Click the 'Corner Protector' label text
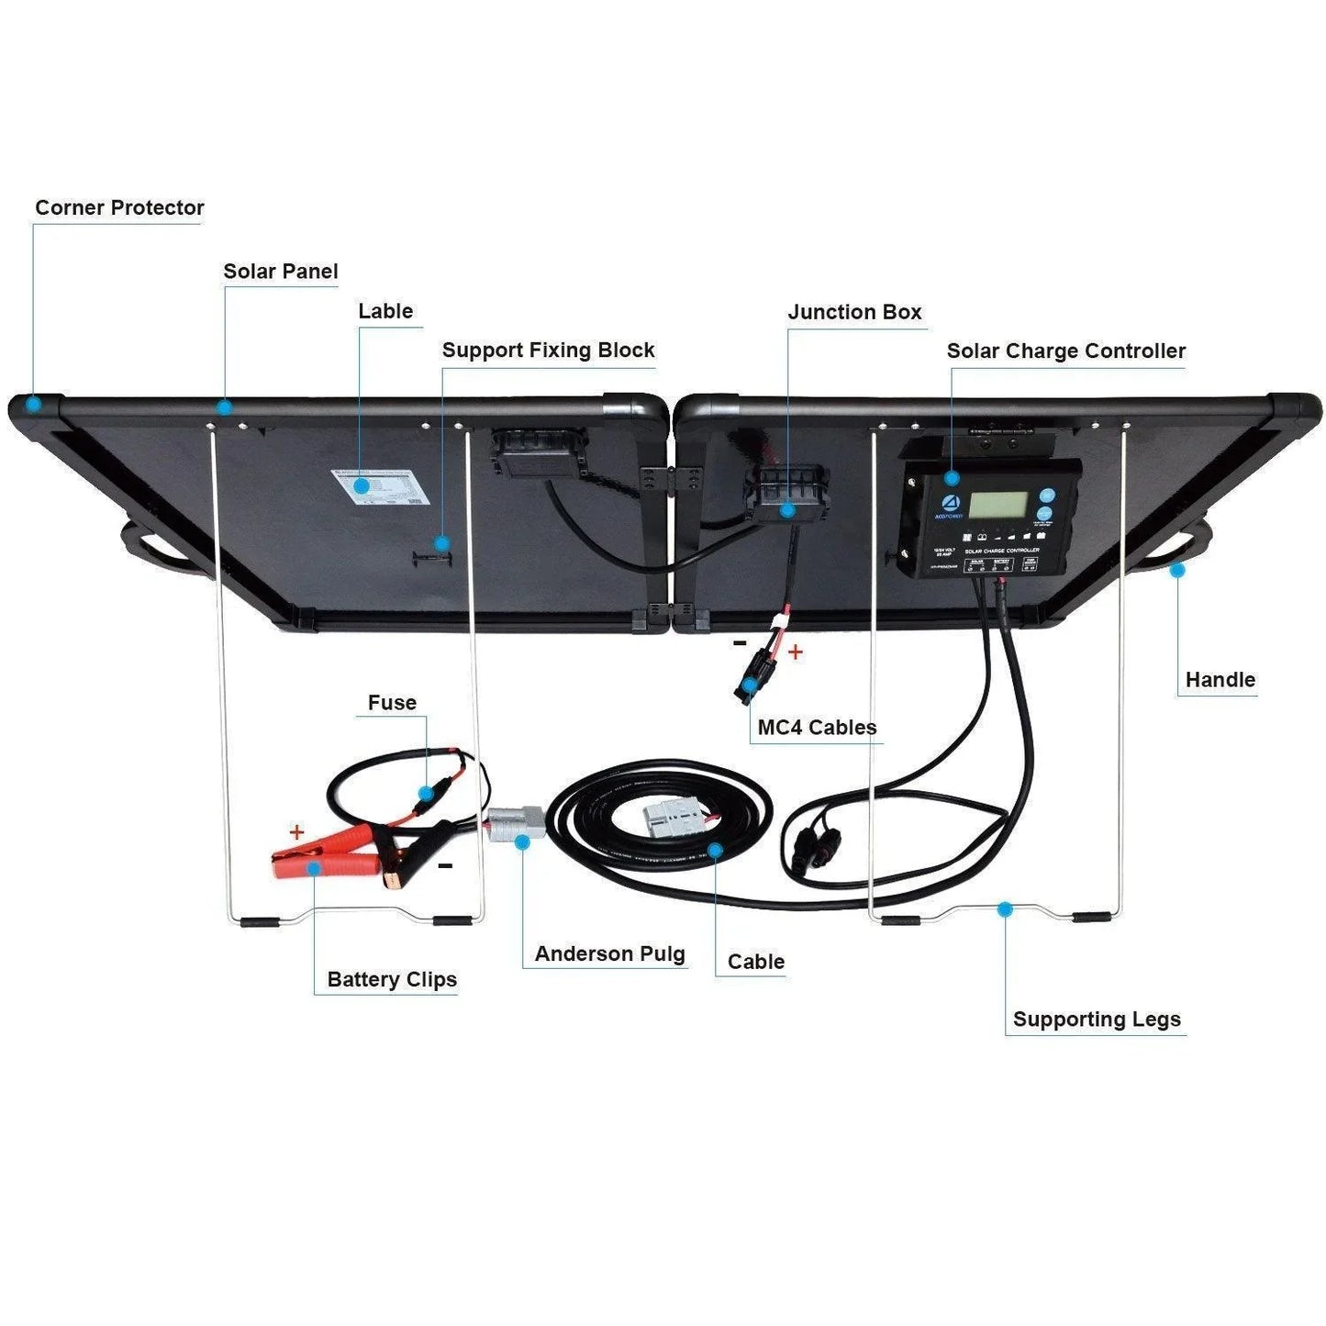click(x=119, y=208)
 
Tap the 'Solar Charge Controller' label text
click(x=1065, y=351)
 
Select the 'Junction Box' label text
click(x=854, y=312)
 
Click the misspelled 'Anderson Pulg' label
click(x=609, y=954)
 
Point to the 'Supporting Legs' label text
click(x=1097, y=1020)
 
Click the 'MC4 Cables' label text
click(x=817, y=728)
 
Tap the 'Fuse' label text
click(x=392, y=703)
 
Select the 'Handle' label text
click(x=1220, y=680)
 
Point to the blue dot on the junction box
click(x=787, y=510)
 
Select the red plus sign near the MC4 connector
click(x=796, y=652)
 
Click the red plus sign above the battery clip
click(x=296, y=832)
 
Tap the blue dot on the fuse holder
click(x=426, y=793)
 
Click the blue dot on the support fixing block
click(x=441, y=543)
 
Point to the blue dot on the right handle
click(x=1177, y=571)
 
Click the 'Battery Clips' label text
click(x=392, y=980)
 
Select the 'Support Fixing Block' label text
click(x=548, y=351)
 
